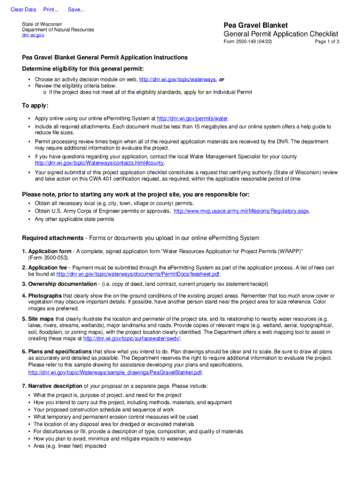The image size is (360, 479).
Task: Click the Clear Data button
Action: pyautogui.click(x=23, y=10)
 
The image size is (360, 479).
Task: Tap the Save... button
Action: pyautogui.click(x=76, y=10)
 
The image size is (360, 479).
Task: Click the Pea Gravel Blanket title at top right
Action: pyautogui.click(x=255, y=25)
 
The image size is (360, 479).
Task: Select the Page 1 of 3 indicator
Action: pyautogui.click(x=327, y=42)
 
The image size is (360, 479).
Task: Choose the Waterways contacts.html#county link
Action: pyautogui.click(x=100, y=163)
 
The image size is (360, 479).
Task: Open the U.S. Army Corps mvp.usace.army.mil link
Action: pyautogui.click(x=241, y=211)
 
